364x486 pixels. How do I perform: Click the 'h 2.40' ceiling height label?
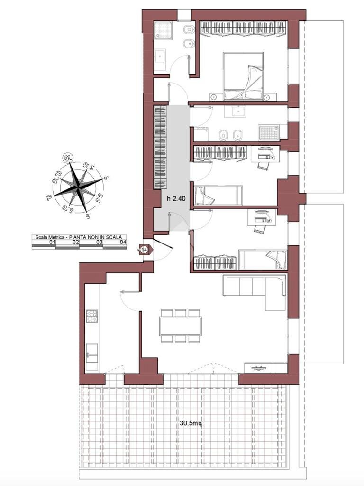click(x=174, y=198)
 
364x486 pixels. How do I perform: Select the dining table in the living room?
click(x=181, y=326)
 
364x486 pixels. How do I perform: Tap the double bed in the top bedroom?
click(x=243, y=76)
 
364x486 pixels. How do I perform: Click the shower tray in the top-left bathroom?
click(x=164, y=32)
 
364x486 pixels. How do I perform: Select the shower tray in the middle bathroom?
click(x=268, y=132)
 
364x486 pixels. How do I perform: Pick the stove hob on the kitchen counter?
click(x=91, y=316)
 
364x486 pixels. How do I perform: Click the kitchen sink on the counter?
click(x=91, y=354)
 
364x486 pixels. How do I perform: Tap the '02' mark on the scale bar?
click(x=75, y=242)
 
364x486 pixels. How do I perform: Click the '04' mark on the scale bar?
click(x=123, y=242)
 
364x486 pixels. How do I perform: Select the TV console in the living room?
click(x=259, y=367)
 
